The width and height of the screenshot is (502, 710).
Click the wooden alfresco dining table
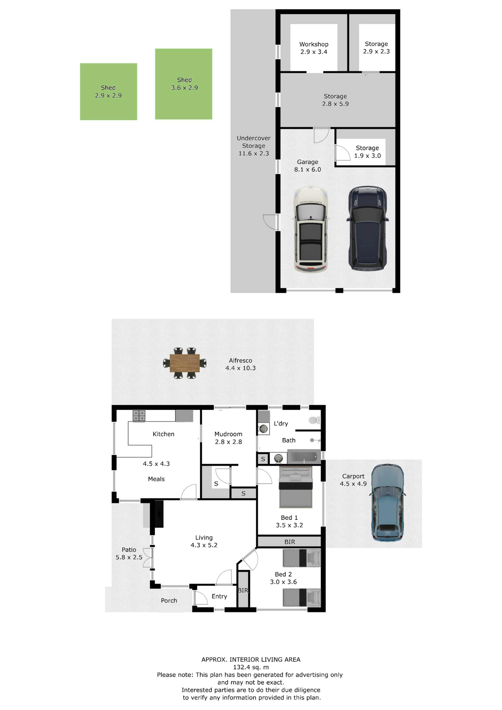[x=185, y=363]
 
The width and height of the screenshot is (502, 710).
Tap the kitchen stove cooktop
[x=139, y=416]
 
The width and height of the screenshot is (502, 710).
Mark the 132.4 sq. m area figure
[x=251, y=667]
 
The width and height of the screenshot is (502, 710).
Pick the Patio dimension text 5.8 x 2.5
[x=129, y=557]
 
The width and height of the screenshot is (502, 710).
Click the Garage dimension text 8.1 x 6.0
[x=307, y=170]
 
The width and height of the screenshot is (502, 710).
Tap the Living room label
[x=204, y=538]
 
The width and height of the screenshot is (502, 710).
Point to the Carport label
[x=353, y=476]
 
